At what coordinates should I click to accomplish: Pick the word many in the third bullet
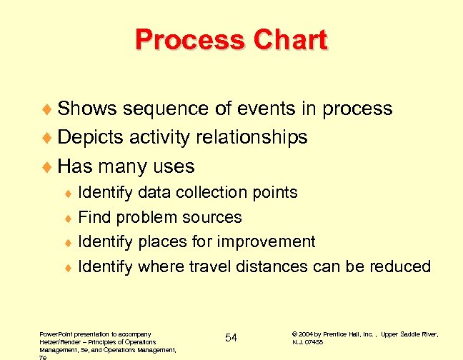coord(128,166)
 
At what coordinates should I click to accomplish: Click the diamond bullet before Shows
coord(49,109)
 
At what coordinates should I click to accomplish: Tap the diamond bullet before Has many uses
coord(49,167)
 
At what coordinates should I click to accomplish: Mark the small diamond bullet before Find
coord(69,218)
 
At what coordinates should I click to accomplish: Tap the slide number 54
coord(231,337)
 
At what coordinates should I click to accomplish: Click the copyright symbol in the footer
coord(295,334)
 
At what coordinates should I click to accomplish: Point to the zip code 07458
coord(314,342)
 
